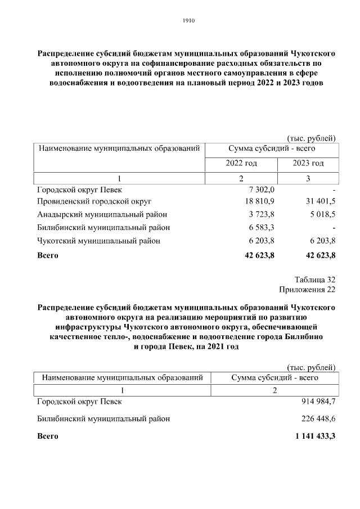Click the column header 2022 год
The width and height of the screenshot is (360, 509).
241,163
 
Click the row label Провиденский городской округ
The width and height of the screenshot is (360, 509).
94,201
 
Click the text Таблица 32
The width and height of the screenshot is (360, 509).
314,280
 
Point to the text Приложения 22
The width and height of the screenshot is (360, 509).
307,290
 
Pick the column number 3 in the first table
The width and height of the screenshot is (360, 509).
308,178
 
